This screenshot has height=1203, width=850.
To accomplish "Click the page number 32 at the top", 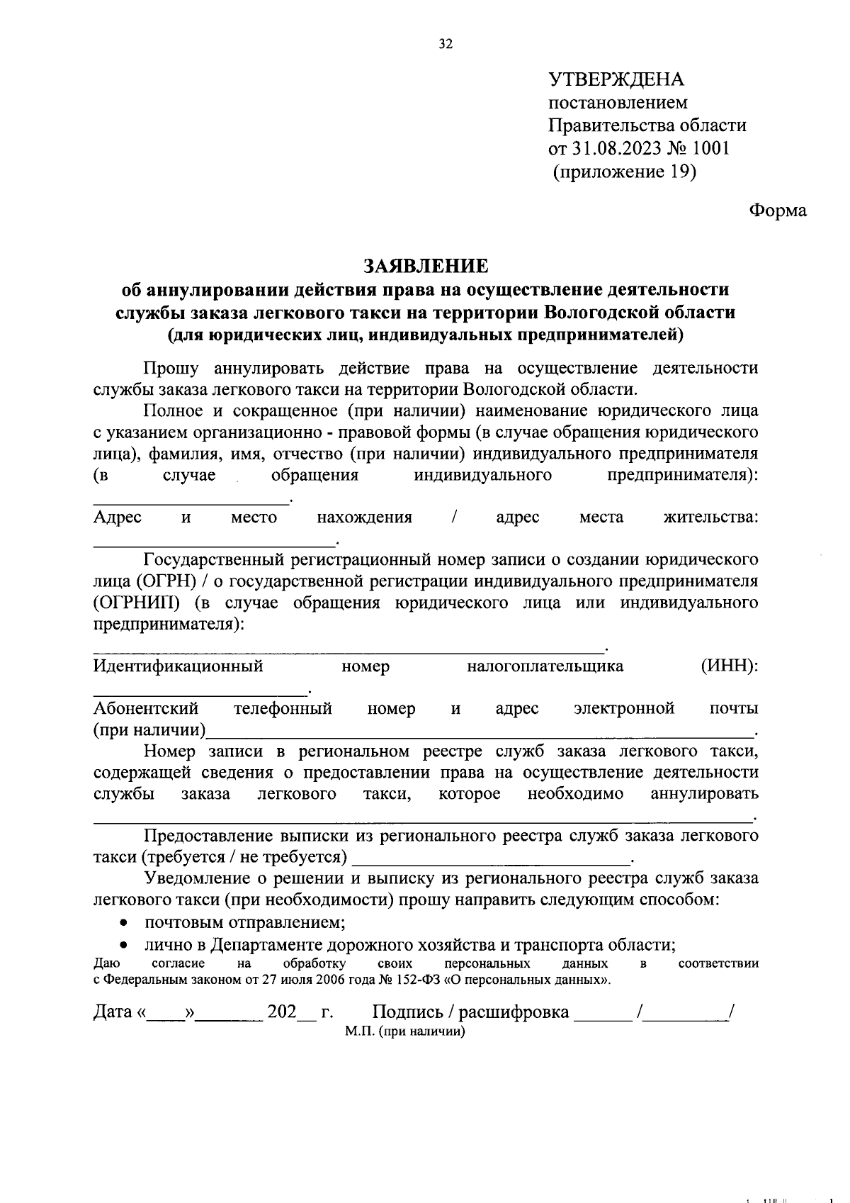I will coord(445,44).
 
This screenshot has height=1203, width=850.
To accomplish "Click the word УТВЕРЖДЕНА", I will coord(616,79).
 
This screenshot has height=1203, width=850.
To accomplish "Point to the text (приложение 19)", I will coord(624,172).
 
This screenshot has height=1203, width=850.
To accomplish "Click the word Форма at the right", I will coord(778,211).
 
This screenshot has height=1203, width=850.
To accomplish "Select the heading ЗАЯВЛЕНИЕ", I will coord(425,265).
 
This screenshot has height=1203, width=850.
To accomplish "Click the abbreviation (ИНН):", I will coord(730,666).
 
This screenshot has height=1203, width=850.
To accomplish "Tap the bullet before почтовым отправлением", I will coord(124,923).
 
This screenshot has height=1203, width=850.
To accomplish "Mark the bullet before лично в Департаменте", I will coord(124,945).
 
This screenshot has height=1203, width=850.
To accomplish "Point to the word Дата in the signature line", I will coord(113,1012).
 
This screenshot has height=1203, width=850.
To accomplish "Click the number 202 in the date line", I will coord(281,1012).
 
